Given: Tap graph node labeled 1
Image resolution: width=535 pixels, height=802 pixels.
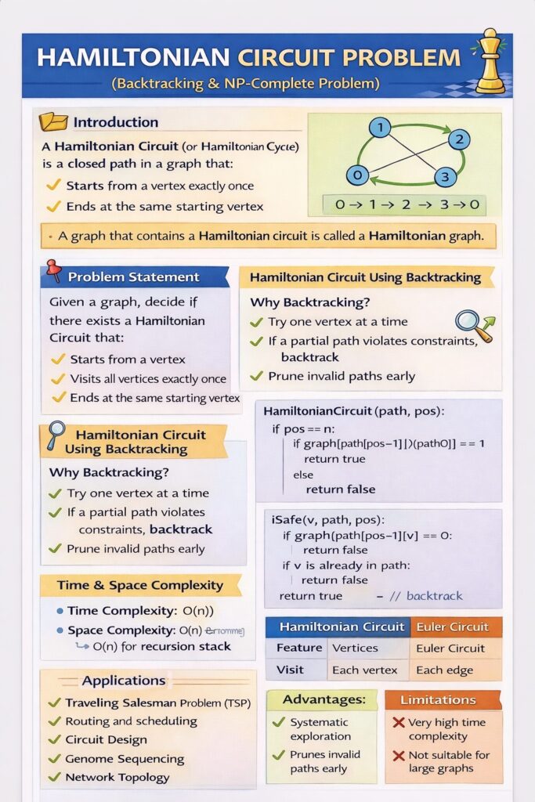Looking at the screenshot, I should click(379, 128).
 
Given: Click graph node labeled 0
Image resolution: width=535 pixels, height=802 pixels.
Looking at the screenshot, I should click(357, 175).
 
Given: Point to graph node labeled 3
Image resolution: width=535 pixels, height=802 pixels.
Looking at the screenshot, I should click(444, 177).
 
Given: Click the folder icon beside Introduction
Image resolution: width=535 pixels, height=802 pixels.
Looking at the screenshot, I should click(54, 121).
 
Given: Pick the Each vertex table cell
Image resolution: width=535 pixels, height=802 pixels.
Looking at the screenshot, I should click(364, 670).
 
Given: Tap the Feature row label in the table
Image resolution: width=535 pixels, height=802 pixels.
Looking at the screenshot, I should click(299, 648).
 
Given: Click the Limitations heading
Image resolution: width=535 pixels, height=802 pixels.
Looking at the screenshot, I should click(438, 699).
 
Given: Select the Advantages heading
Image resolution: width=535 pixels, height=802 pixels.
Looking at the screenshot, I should click(324, 699).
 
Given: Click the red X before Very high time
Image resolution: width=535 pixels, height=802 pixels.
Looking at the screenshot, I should click(399, 723).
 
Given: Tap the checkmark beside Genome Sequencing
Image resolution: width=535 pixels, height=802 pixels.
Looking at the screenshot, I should click(54, 758).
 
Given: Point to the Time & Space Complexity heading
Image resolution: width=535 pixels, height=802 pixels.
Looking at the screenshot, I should click(140, 585).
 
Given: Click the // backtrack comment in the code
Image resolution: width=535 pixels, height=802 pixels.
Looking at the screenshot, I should click(427, 596).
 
